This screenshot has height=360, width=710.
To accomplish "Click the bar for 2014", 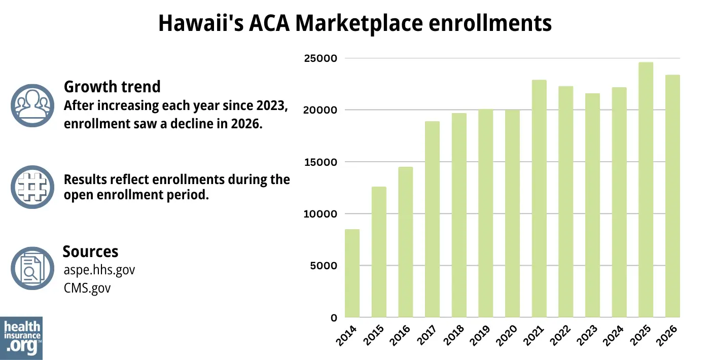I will click(352, 273).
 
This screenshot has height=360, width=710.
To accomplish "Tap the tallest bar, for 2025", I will click(646, 190).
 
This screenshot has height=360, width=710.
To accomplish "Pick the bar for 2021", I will click(539, 198).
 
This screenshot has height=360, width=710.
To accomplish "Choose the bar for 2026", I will click(672, 196).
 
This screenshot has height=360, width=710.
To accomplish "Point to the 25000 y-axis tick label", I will click(320, 58).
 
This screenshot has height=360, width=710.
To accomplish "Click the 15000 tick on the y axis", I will click(320, 162).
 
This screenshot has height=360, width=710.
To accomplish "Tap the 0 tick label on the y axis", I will click(334, 318).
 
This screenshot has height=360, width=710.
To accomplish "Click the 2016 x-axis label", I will click(404, 336).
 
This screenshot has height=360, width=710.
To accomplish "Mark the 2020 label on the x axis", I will click(510, 336).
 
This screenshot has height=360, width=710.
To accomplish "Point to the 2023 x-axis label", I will click(590, 336).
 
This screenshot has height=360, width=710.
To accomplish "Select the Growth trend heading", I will click(112, 87).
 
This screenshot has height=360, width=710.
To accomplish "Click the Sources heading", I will click(90, 251).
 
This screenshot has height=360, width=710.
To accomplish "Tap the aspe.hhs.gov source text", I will click(99, 270).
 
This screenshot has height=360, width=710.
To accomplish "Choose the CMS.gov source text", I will click(87, 288).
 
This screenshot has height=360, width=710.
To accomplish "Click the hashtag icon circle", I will click(32, 187).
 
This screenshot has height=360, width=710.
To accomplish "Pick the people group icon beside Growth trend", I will click(32, 105).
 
